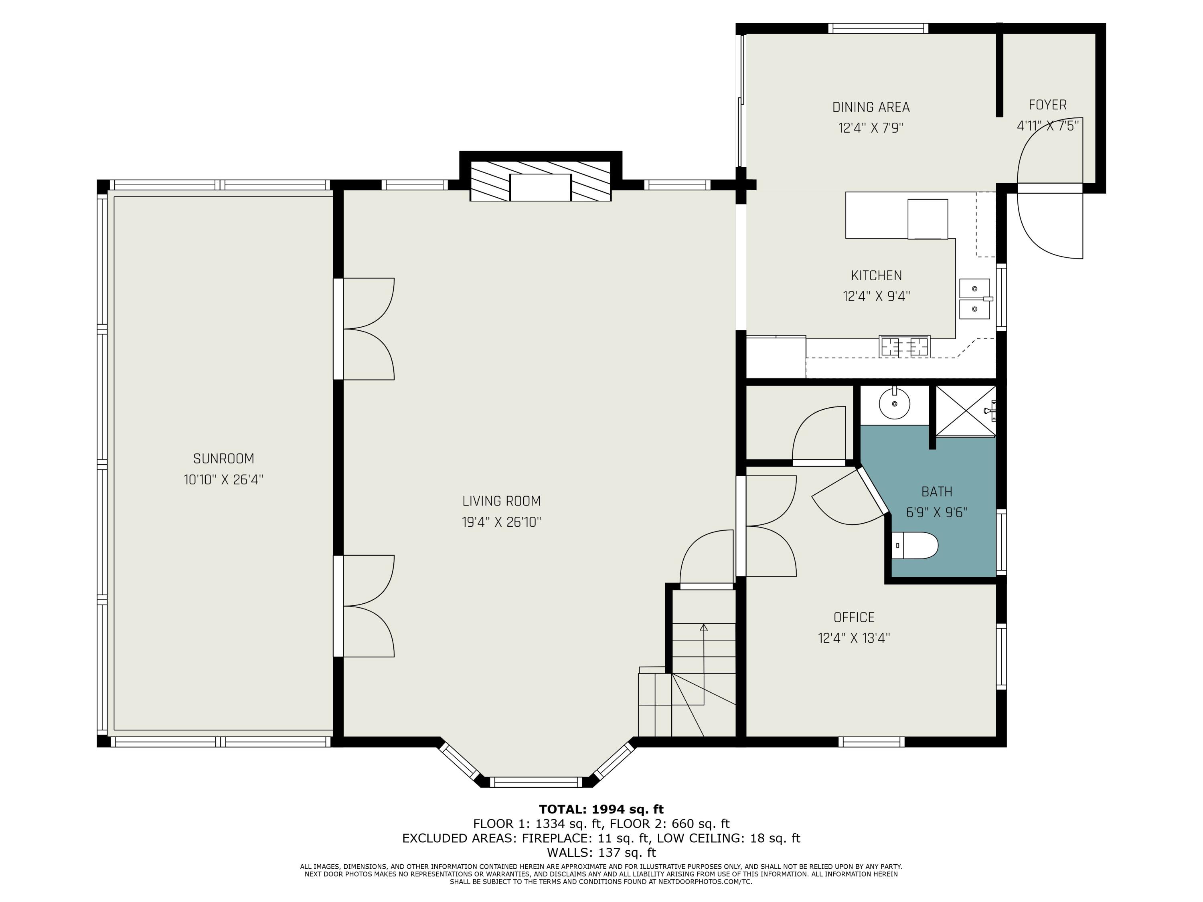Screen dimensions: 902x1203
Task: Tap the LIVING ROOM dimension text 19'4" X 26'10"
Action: point(501,522)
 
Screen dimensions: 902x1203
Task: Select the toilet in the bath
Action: point(916,545)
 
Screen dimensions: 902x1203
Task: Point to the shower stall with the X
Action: point(965,411)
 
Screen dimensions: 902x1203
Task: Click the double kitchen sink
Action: point(974,299)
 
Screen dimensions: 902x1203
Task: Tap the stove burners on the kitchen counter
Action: point(904,346)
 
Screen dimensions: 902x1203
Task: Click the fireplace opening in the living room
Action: point(540,188)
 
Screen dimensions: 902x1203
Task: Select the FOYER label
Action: point(1047,105)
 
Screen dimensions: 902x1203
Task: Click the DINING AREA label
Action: point(871,107)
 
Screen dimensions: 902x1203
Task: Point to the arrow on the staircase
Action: point(704,628)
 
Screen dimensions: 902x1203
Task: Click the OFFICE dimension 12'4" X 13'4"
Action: point(854,638)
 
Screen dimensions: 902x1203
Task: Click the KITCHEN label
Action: point(876,276)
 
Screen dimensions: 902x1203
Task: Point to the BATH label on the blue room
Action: point(936,491)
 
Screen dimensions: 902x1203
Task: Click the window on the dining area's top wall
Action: point(878,28)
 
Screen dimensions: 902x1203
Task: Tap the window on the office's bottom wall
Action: point(871,742)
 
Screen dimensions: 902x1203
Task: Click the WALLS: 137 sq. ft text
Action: point(601,853)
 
